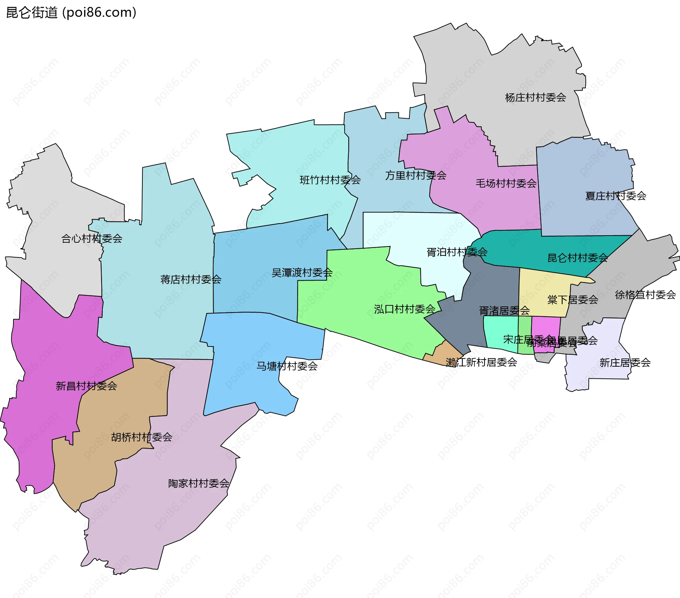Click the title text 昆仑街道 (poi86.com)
(71, 13)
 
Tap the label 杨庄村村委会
(535, 97)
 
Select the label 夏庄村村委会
(616, 196)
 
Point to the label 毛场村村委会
(506, 184)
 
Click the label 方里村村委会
(415, 175)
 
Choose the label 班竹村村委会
(330, 180)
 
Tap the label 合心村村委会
(92, 239)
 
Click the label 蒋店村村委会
(191, 280)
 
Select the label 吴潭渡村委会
(302, 273)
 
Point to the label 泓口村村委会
(404, 309)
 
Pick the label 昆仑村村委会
(577, 258)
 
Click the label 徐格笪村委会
(645, 295)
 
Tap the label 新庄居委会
(625, 363)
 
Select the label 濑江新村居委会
(481, 362)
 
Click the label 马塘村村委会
(287, 366)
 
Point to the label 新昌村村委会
(86, 386)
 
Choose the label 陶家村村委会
(198, 484)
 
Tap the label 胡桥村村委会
(142, 437)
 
